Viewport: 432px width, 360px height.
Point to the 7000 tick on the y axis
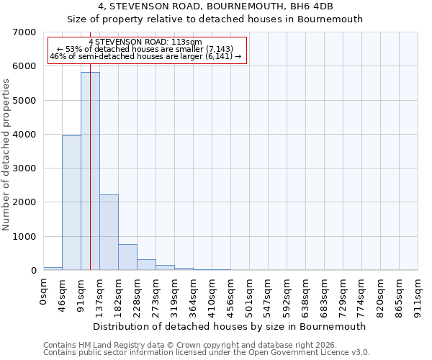(x=25, y=32)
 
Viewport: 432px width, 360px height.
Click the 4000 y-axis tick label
(x=25, y=135)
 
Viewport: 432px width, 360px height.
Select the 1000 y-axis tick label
(x=25, y=237)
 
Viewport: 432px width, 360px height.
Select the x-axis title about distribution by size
(x=230, y=326)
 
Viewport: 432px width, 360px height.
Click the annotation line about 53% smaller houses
(x=148, y=50)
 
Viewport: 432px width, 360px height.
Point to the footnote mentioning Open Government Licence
(x=207, y=353)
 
